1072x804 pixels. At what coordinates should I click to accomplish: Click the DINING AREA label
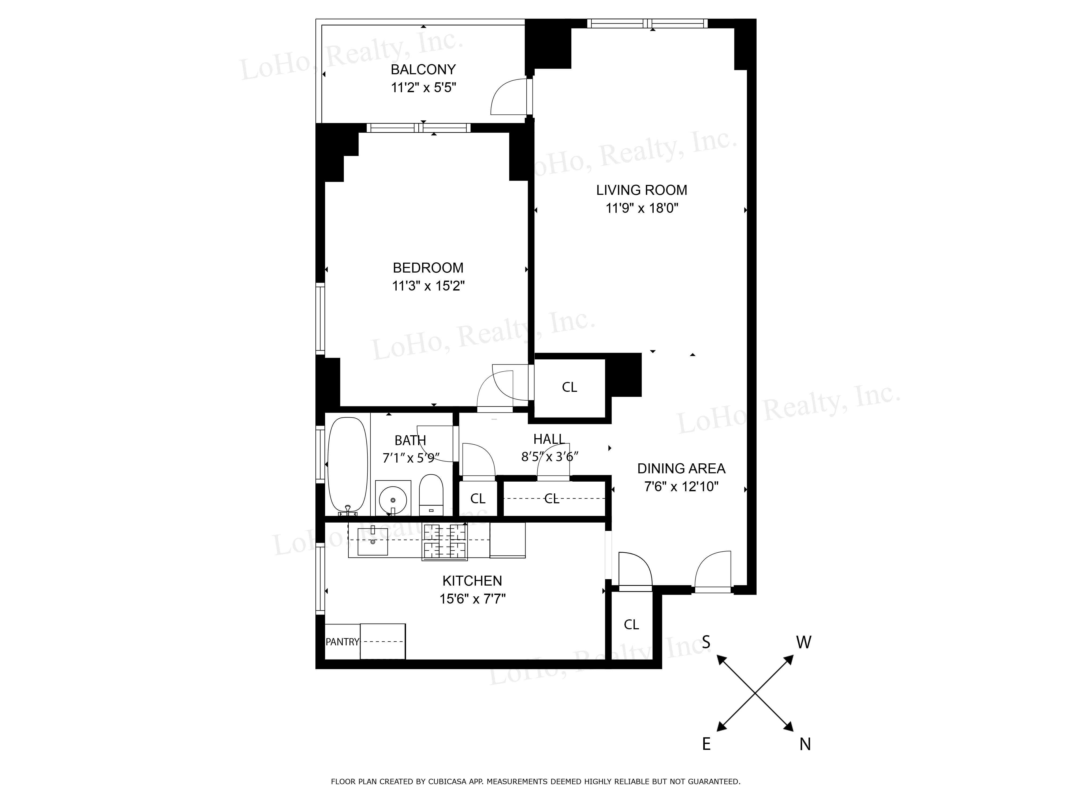pyautogui.click(x=681, y=469)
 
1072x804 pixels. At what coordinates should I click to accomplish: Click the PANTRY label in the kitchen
pyautogui.click(x=342, y=642)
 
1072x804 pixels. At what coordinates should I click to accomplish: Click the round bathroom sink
pyautogui.click(x=393, y=499)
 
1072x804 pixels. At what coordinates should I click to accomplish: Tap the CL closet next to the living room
pyautogui.click(x=569, y=387)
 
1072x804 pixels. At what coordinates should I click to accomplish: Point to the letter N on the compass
pyautogui.click(x=805, y=744)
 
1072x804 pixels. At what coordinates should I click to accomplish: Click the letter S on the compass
pyautogui.click(x=706, y=642)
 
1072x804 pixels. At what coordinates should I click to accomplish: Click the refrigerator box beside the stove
pyautogui.click(x=507, y=540)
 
